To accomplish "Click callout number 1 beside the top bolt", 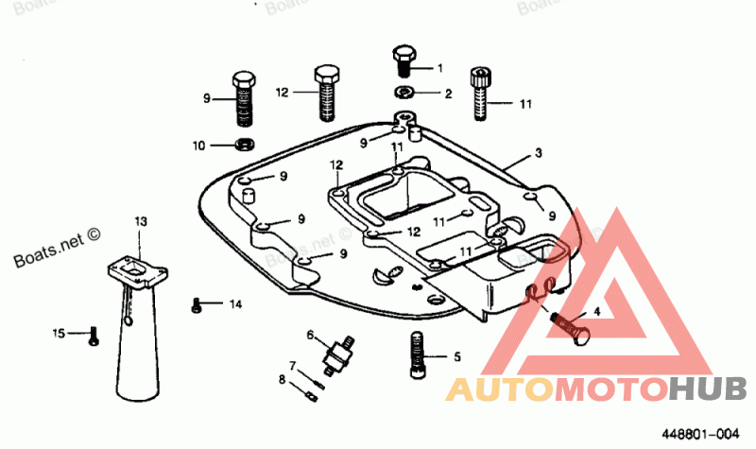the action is [438, 67].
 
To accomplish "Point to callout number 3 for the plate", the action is [538, 153].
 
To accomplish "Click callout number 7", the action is [293, 366].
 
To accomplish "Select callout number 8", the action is [281, 379].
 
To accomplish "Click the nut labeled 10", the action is [243, 145].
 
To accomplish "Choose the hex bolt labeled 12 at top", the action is [326, 93].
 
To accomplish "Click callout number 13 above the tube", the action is [140, 221].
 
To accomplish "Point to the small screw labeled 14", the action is [197, 304].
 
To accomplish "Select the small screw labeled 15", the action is [94, 336].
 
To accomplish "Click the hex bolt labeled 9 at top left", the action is [243, 96].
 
